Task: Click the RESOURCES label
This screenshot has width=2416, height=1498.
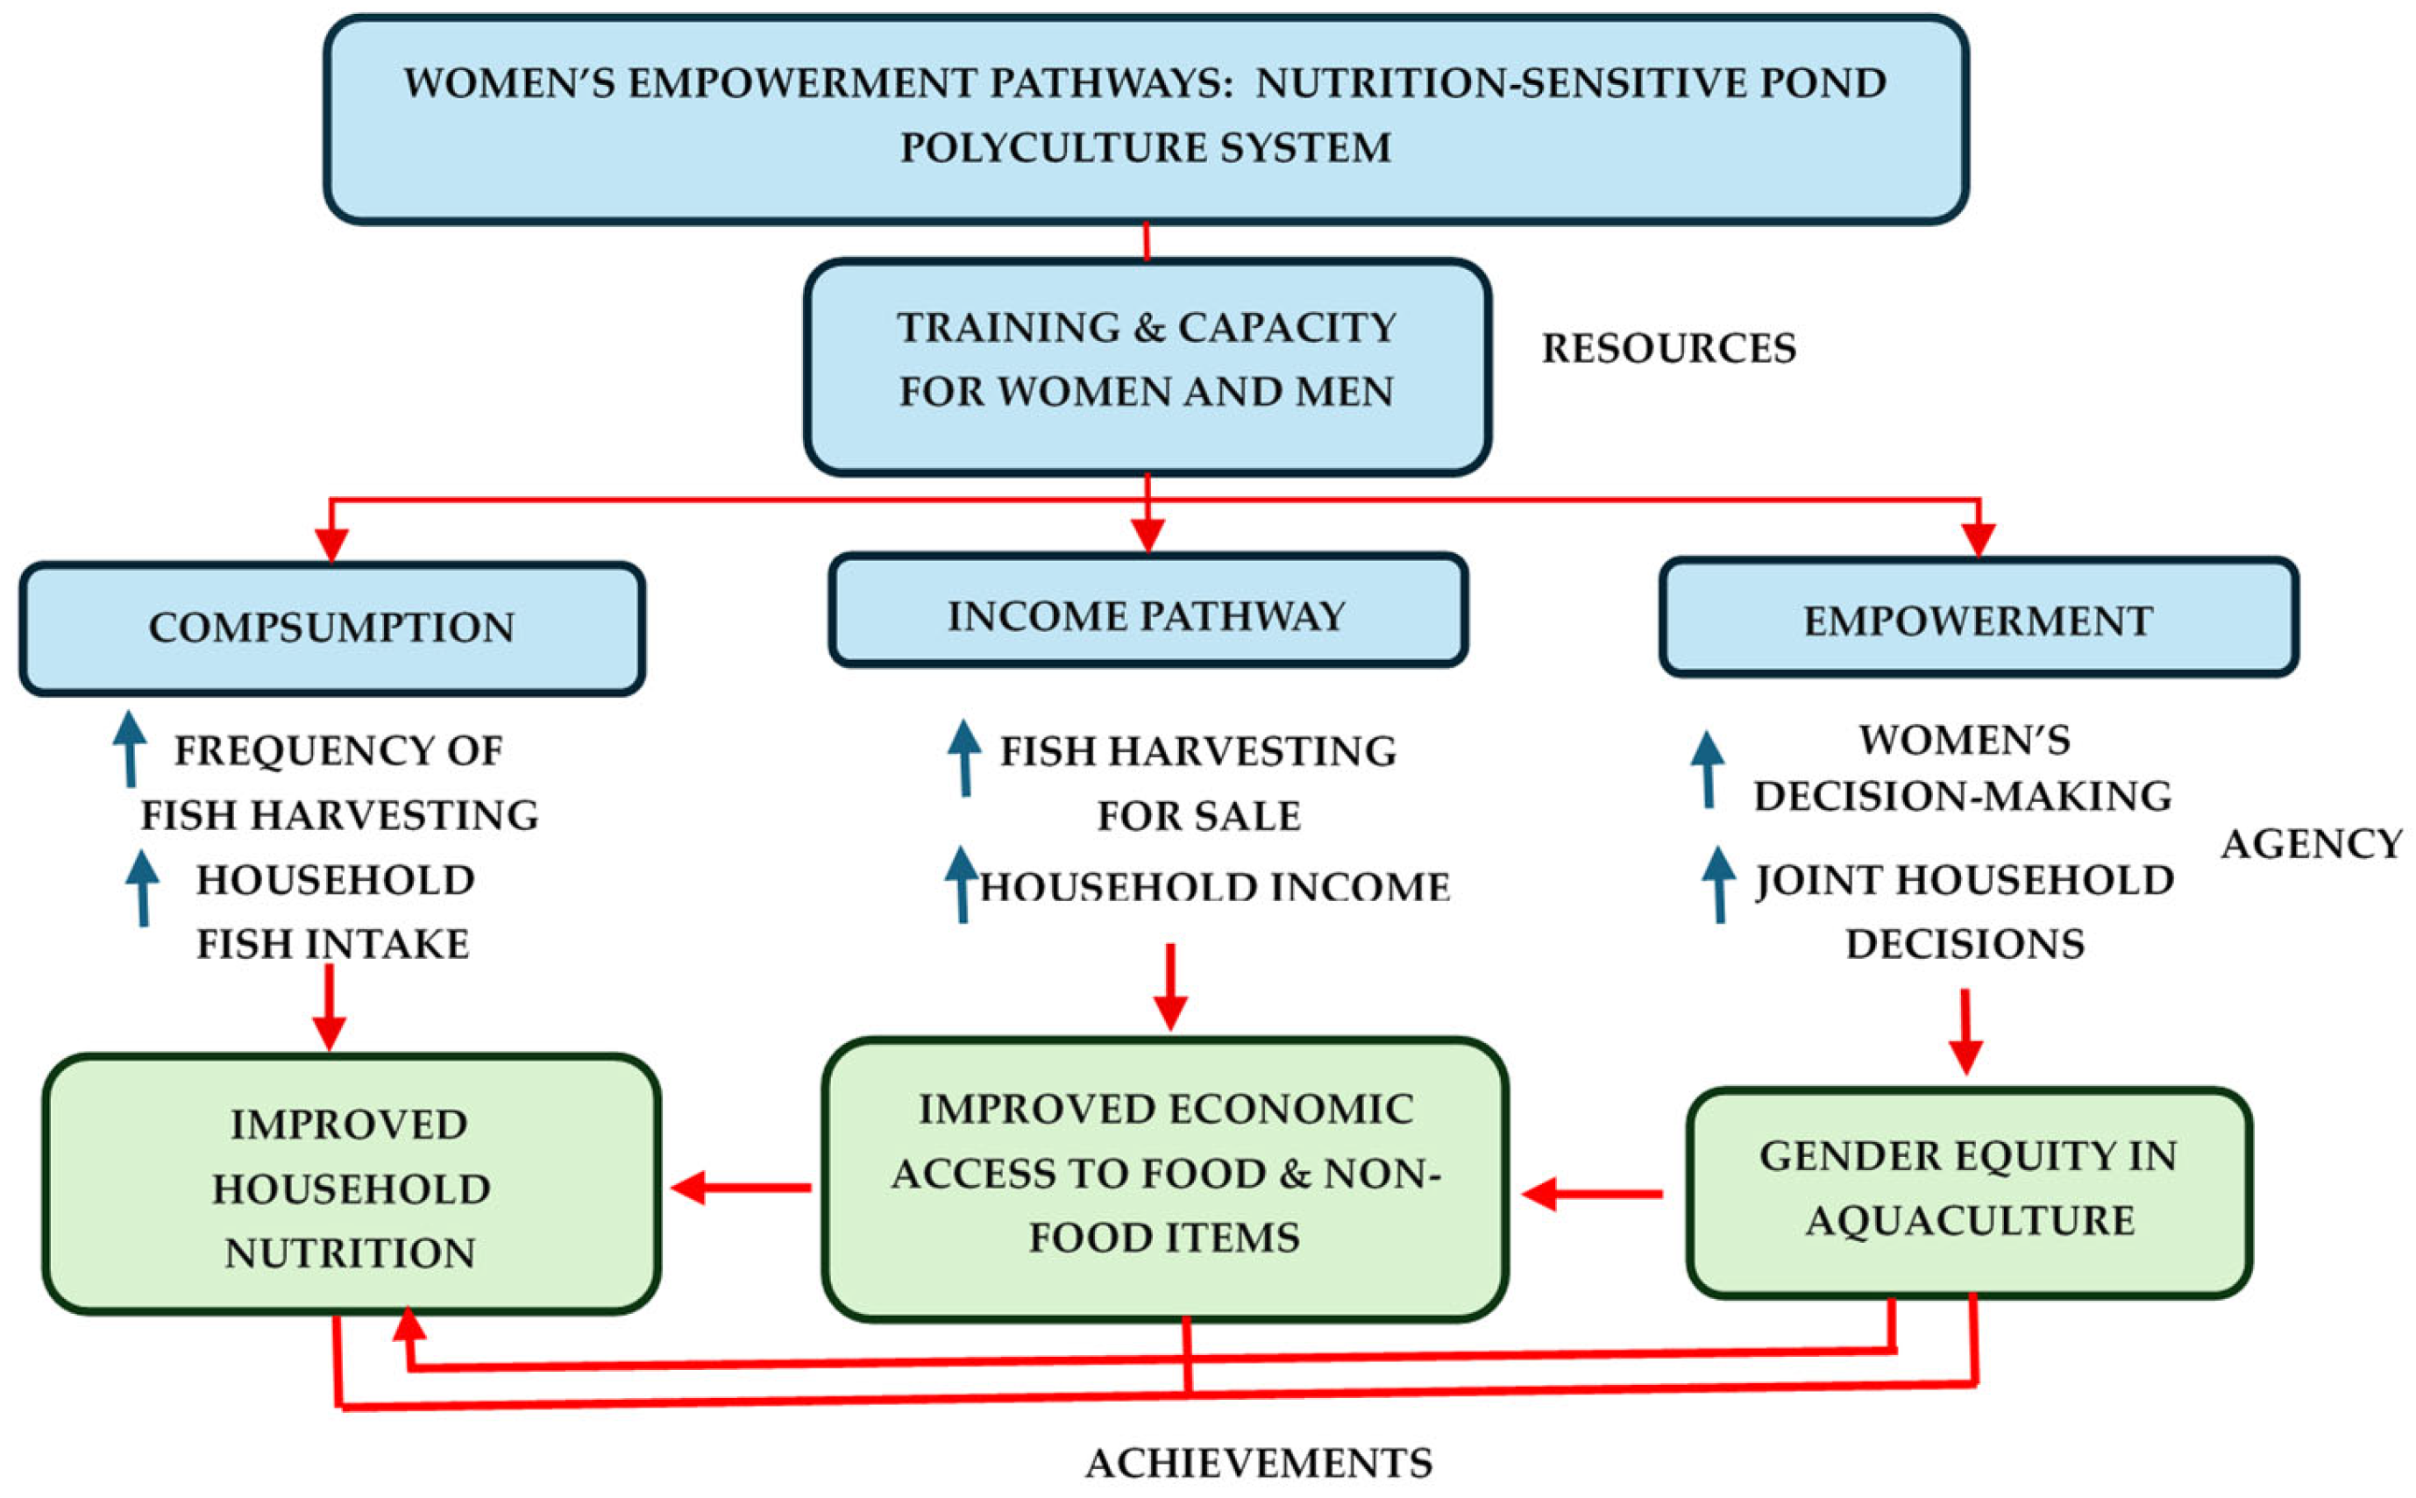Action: pos(1668,348)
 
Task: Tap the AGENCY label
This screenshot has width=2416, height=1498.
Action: pos(2311,844)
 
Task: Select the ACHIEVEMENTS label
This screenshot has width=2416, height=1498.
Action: pos(1258,1462)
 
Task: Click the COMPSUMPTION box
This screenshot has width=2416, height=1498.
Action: pos(332,628)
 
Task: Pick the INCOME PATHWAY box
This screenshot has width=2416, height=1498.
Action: pos(1148,610)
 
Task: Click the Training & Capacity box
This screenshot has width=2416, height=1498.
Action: pos(1148,366)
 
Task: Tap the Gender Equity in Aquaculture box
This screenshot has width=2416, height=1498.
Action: pos(1969,1191)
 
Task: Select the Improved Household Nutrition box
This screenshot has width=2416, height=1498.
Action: pos(351,1185)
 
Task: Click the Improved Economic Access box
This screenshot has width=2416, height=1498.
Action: pos(1165,1179)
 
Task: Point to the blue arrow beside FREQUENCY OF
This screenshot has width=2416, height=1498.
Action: pos(130,748)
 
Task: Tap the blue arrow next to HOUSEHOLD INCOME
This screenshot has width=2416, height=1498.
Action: pos(962,883)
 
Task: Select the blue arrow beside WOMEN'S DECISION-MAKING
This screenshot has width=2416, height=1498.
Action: pos(1707,769)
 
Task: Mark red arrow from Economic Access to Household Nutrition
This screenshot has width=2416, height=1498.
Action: pos(741,1186)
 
